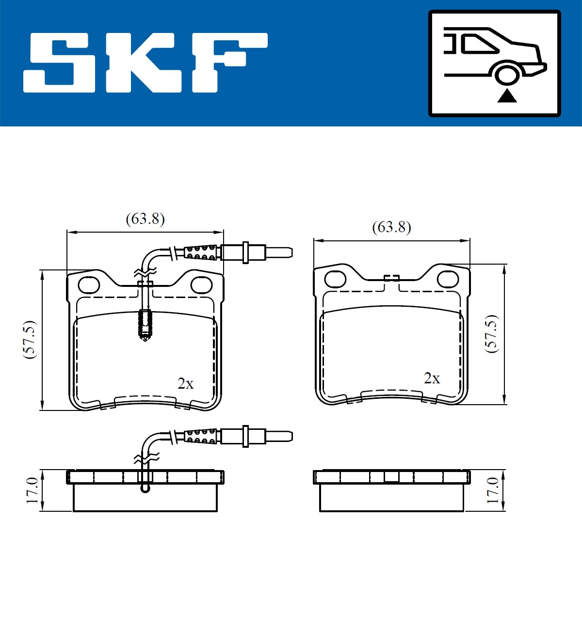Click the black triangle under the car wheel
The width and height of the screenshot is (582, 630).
coord(507,96)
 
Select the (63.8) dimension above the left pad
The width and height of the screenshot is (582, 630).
coord(145,219)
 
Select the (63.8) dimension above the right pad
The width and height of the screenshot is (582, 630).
coord(391,227)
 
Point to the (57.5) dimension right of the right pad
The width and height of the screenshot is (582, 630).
coord(492,333)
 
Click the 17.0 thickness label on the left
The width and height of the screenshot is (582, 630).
coord(32,490)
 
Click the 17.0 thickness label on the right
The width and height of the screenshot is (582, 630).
coord(493,490)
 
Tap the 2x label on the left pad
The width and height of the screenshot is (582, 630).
coord(185,383)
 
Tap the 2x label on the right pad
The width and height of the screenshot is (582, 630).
coord(432,378)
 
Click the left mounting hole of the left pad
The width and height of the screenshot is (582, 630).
coord(89,285)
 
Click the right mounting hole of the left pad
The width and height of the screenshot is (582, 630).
coord(201,285)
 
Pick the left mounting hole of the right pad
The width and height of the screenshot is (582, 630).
coord(335,279)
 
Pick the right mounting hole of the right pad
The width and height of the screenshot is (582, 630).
coord(448,279)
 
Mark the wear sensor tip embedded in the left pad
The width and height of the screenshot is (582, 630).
coord(145,325)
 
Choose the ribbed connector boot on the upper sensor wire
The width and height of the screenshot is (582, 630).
coord(201,252)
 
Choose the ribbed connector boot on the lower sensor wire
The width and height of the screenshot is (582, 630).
coord(201,436)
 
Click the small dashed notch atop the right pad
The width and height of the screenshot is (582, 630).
coord(391,278)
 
